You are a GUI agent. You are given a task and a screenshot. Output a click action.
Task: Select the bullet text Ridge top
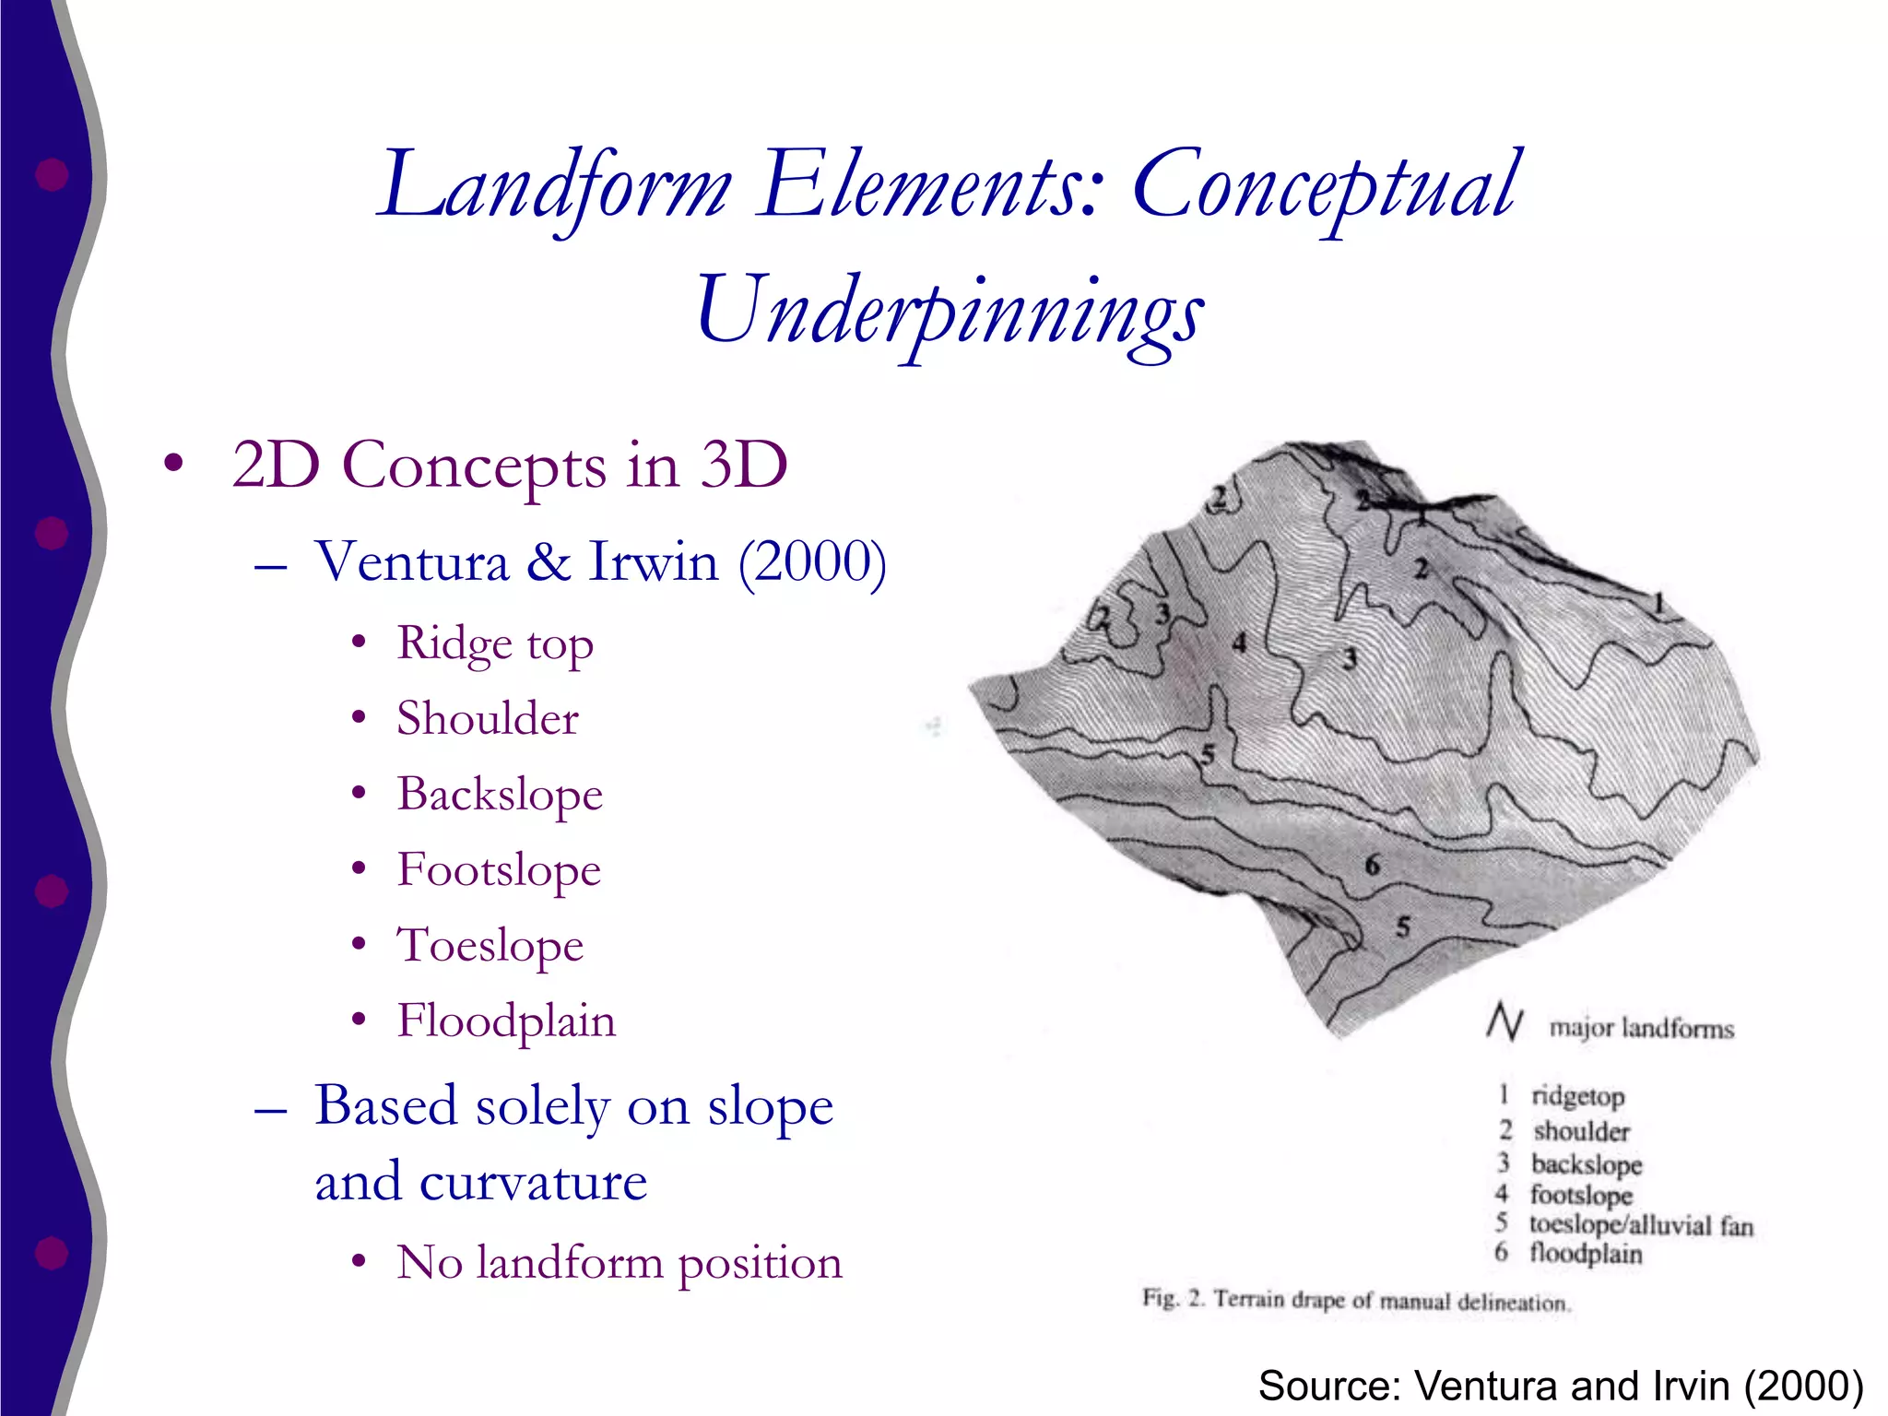coord(495,643)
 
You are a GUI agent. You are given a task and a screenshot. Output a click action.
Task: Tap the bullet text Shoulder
coord(488,718)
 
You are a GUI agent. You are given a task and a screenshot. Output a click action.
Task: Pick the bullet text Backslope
coord(500,794)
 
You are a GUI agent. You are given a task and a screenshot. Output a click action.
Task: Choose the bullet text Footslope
coord(499,869)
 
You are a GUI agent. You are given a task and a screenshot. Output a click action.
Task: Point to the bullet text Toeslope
coord(490,945)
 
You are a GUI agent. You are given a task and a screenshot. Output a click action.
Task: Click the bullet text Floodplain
coord(506,1021)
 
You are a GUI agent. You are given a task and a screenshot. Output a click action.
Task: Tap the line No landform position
coord(619,1262)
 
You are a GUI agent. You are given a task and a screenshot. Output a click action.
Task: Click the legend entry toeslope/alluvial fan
coord(1641,1225)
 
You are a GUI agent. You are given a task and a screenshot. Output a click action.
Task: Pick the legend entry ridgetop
coord(1577,1096)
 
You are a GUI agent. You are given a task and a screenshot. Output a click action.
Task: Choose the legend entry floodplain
coord(1586,1254)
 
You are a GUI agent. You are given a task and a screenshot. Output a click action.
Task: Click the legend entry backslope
coord(1587,1164)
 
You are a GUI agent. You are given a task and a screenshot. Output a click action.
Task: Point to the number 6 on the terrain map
coord(1373,865)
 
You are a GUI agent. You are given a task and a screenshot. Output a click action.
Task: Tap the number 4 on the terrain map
coord(1240,643)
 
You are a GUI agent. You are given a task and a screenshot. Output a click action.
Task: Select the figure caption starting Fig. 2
coord(1355,1301)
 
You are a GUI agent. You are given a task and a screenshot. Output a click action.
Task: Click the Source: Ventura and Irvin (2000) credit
coord(1560,1386)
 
